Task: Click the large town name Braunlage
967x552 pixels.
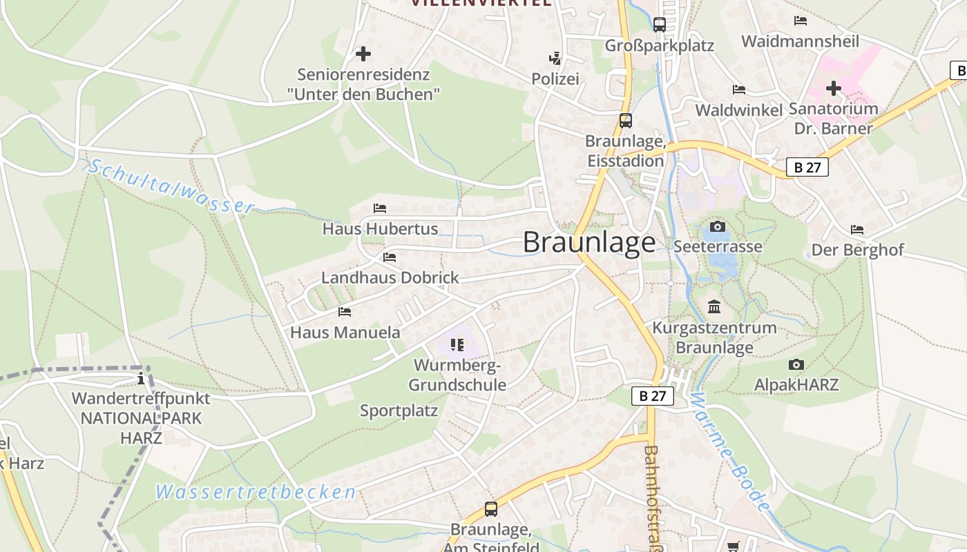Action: coord(588,242)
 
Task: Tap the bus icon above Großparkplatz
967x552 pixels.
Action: coord(660,25)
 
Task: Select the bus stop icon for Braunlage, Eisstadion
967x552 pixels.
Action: coord(625,121)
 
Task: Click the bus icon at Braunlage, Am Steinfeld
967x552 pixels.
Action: coord(491,509)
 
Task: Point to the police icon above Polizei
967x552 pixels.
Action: coord(555,58)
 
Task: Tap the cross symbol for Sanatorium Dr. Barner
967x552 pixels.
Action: coord(834,88)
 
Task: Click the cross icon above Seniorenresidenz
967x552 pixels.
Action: coord(363,54)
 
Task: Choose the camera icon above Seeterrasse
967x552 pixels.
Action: coord(718,226)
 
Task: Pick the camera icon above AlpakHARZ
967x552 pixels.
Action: coord(796,364)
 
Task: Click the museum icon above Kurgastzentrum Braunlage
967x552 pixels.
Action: coord(714,306)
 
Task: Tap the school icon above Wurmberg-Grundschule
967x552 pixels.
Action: coord(457,344)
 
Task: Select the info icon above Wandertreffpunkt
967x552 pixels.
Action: coord(141,378)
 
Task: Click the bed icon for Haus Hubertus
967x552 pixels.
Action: coord(380,208)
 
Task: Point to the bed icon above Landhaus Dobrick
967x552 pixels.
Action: coord(390,257)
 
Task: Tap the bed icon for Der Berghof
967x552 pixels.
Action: coord(857,229)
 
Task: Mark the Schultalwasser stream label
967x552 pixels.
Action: coord(171,186)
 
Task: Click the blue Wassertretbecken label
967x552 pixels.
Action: coord(256,492)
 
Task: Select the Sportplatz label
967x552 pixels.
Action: coord(399,411)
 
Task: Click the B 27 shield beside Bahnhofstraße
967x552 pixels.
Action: coord(652,396)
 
